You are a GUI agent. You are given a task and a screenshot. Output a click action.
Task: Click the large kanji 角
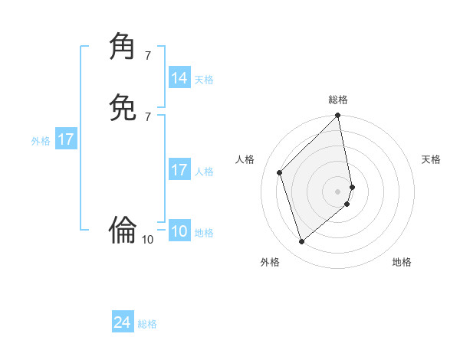click(x=123, y=47)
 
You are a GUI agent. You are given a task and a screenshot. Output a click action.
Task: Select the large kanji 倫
click(x=123, y=228)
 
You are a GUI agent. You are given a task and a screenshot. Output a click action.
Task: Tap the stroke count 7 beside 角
click(x=147, y=56)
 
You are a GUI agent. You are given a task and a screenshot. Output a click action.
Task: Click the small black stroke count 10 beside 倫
click(x=148, y=240)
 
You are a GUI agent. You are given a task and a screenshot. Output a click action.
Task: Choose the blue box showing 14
click(x=179, y=78)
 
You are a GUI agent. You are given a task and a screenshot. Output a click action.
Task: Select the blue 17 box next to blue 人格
click(x=179, y=170)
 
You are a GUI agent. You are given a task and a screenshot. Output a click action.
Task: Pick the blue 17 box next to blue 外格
click(x=66, y=139)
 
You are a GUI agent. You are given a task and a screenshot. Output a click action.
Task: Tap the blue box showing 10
click(x=179, y=232)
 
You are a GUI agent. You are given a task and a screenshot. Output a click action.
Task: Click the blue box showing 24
click(x=123, y=322)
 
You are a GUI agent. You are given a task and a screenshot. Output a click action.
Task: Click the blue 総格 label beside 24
click(x=147, y=324)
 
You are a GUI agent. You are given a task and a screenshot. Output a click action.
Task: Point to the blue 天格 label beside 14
click(x=204, y=80)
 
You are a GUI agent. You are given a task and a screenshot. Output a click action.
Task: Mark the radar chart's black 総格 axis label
click(x=338, y=100)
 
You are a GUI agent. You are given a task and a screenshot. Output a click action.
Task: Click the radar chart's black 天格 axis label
click(x=431, y=159)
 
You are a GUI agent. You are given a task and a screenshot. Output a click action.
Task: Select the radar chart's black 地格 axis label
click(x=402, y=262)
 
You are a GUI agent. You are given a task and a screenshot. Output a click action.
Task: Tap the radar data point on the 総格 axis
click(x=338, y=116)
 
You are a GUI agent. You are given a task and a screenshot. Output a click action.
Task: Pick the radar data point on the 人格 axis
click(x=280, y=172)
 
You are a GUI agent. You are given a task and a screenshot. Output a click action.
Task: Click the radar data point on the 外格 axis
click(x=302, y=242)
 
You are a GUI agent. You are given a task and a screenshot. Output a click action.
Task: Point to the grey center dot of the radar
click(x=338, y=191)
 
